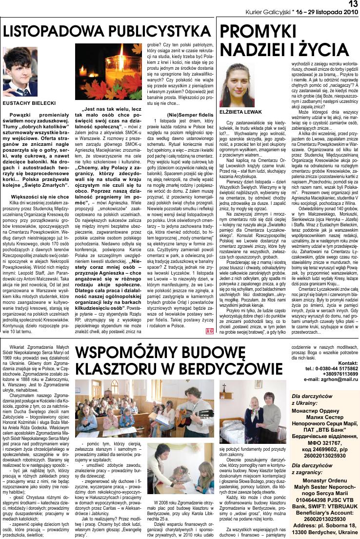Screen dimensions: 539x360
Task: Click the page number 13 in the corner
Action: [x=353, y=4]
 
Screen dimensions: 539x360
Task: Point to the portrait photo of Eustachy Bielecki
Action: [x=20, y=71]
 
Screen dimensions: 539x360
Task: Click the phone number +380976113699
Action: [x=336, y=374]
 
